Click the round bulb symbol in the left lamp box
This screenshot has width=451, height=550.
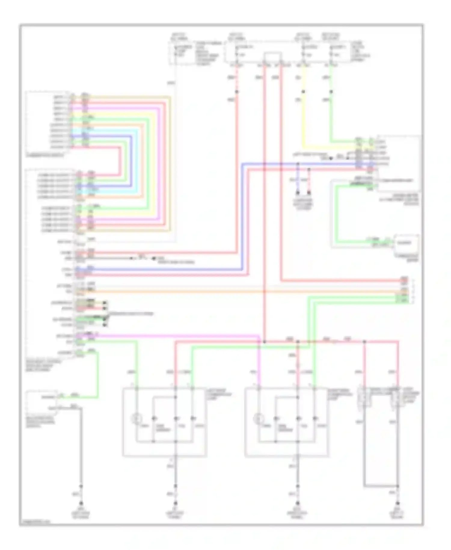pos(136,419)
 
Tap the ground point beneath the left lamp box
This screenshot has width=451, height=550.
pos(176,503)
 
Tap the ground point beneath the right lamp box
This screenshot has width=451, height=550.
pos(298,503)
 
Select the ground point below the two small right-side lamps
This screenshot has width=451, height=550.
pos(398,503)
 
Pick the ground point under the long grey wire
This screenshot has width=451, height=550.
pos(81,503)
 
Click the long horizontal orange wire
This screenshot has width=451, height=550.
pos(241,291)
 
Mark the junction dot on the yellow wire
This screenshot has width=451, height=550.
pos(303,91)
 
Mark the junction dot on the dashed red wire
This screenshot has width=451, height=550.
pos(237,91)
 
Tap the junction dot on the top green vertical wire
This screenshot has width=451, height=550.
pos(331,91)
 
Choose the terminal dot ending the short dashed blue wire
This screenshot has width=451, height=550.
pos(298,193)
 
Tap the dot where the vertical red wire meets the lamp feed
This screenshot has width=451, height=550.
pos(265,342)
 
